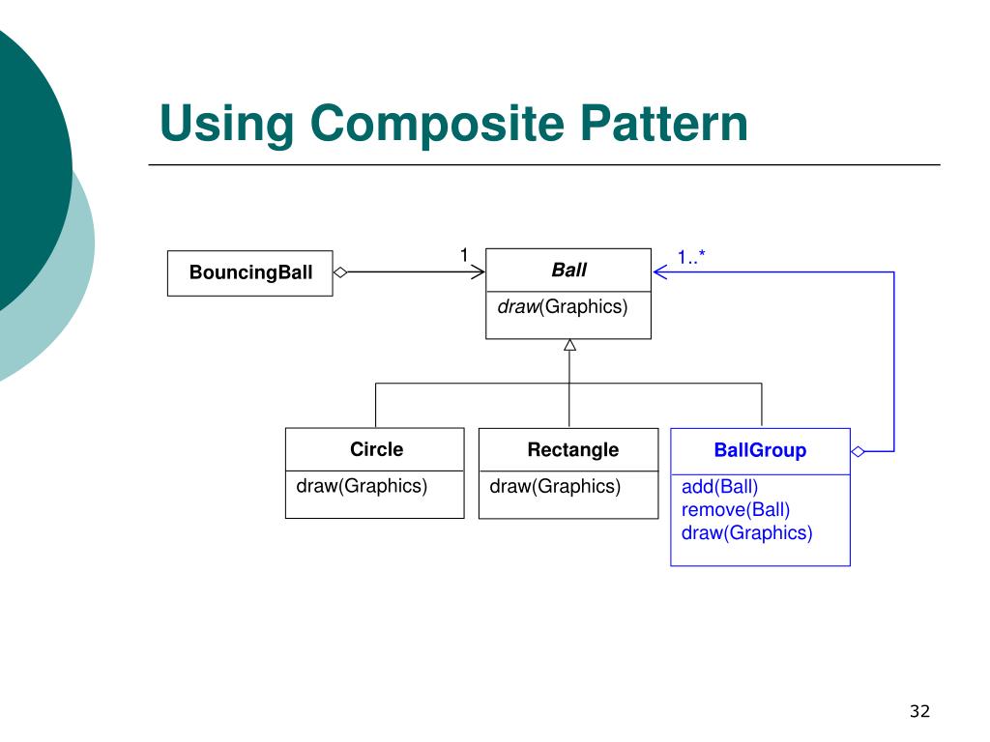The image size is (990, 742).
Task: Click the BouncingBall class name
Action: tap(250, 272)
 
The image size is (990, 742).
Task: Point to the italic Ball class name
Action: tap(568, 270)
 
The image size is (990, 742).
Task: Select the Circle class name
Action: tap(376, 449)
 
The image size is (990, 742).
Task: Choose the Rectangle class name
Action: tap(572, 449)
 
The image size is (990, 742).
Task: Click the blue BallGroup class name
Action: tap(760, 450)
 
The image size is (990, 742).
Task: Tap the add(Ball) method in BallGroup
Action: tap(720, 487)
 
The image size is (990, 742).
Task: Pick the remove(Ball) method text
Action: tap(736, 509)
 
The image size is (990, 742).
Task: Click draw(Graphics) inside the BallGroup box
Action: tap(747, 532)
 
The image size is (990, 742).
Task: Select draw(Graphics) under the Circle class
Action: tap(362, 486)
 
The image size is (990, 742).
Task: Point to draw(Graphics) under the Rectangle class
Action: tap(555, 486)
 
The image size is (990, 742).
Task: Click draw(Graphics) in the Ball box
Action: tap(562, 307)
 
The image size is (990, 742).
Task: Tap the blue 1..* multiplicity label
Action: tap(692, 257)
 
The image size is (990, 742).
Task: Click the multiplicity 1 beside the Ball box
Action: tap(463, 255)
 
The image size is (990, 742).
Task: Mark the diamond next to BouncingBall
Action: tap(340, 272)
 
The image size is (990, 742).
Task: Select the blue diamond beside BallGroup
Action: tap(858, 451)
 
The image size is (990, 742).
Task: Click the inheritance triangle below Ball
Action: tap(569, 345)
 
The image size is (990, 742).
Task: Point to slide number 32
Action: tap(918, 712)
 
